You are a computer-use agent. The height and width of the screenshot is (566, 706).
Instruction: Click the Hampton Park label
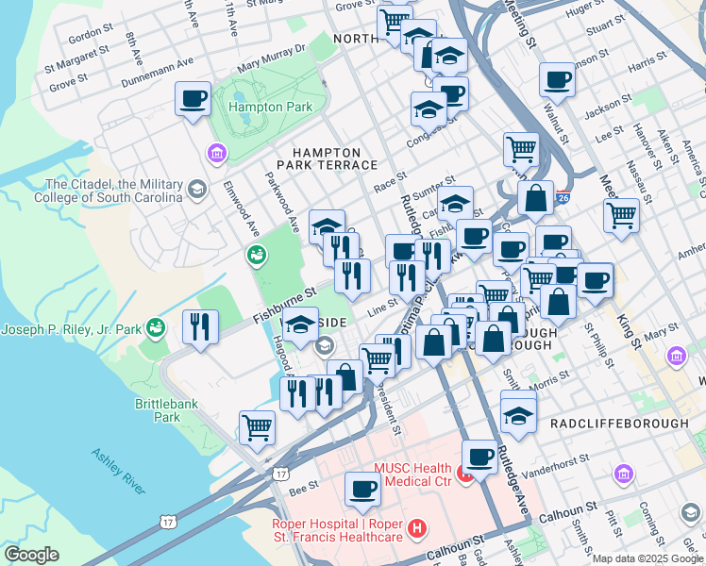pos(271,108)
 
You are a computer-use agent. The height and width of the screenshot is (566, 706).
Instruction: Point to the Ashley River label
pos(118,471)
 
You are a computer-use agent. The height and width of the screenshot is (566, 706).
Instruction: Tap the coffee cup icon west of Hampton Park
pos(193,99)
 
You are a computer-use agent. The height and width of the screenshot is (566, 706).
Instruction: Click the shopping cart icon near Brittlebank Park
pos(257,427)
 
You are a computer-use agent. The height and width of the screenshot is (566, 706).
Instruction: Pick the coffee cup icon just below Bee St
pos(362,489)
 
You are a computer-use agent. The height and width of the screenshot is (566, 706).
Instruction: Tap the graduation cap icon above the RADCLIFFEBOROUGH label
pos(518,414)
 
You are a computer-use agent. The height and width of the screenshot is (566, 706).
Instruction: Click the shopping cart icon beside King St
pos(621,215)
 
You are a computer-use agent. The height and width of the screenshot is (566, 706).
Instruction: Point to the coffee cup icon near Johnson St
pos(558,79)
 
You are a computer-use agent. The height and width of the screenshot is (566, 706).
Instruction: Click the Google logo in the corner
pos(31,555)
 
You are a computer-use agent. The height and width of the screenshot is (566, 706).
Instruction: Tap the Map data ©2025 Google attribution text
pos(647,558)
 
